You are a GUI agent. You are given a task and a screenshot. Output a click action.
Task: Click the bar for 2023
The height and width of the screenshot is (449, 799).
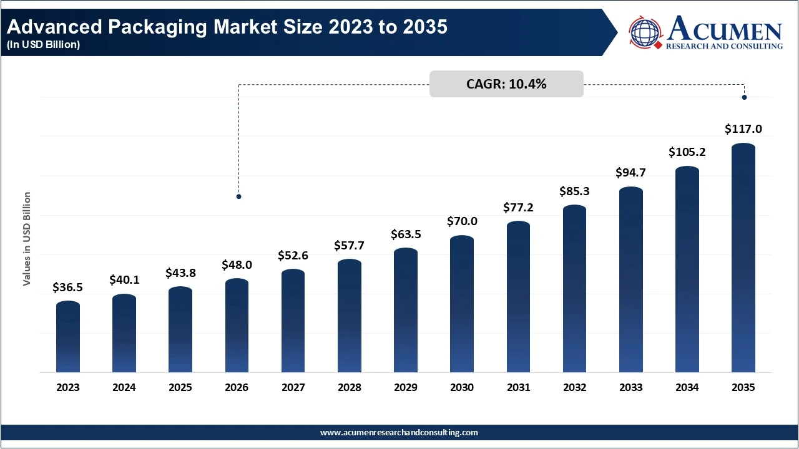[x=68, y=337]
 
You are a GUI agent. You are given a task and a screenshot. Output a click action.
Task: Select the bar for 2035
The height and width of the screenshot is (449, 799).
[x=743, y=258]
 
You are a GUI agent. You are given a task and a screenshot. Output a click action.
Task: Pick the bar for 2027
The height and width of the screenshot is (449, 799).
[x=293, y=321]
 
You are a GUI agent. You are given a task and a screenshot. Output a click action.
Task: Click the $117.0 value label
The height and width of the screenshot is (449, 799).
[x=743, y=129]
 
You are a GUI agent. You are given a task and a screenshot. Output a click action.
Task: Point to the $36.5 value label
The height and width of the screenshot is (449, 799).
[x=68, y=287]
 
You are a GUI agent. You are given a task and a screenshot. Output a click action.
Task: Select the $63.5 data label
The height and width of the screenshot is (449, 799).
[x=406, y=234]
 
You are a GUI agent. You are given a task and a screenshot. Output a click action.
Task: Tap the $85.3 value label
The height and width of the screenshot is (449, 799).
[x=574, y=191]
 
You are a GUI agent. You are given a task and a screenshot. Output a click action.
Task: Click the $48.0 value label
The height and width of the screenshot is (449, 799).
[x=237, y=264]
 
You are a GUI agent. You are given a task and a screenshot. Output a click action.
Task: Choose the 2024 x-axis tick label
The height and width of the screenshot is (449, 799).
[x=124, y=387]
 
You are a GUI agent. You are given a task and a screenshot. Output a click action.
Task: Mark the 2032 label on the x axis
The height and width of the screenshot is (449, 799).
[x=574, y=387]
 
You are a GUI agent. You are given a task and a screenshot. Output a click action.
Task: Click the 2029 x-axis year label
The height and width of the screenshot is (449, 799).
[x=406, y=387]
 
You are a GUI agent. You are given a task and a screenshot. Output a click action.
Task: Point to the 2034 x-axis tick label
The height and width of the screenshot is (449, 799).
[x=687, y=387]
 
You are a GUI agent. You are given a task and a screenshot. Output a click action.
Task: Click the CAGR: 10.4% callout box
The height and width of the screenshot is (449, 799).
[x=506, y=84]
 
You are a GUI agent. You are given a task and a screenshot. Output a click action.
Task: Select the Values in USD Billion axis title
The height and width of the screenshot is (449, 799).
[x=27, y=239]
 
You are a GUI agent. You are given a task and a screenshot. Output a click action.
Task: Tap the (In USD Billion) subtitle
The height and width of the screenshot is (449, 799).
[x=43, y=45]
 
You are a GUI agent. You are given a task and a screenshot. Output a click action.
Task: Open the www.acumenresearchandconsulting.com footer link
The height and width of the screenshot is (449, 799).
[x=399, y=432]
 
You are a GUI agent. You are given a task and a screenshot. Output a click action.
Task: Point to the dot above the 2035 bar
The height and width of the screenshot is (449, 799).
[x=744, y=97]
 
